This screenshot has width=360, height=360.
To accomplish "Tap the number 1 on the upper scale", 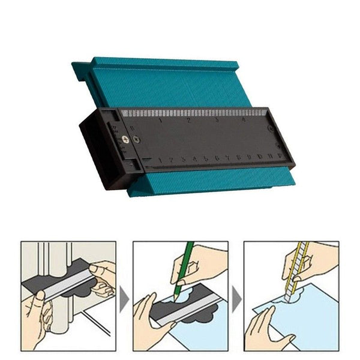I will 160,121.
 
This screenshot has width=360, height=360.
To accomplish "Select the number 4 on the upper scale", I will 243,120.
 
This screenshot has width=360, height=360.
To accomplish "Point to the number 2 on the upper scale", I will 188,121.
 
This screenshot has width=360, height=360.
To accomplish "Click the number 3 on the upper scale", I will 216,121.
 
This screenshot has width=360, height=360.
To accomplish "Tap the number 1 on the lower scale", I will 161,160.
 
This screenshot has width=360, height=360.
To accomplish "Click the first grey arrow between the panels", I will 124,298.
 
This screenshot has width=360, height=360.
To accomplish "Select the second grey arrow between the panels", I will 236,298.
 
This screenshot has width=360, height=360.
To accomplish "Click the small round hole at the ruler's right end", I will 271,128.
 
